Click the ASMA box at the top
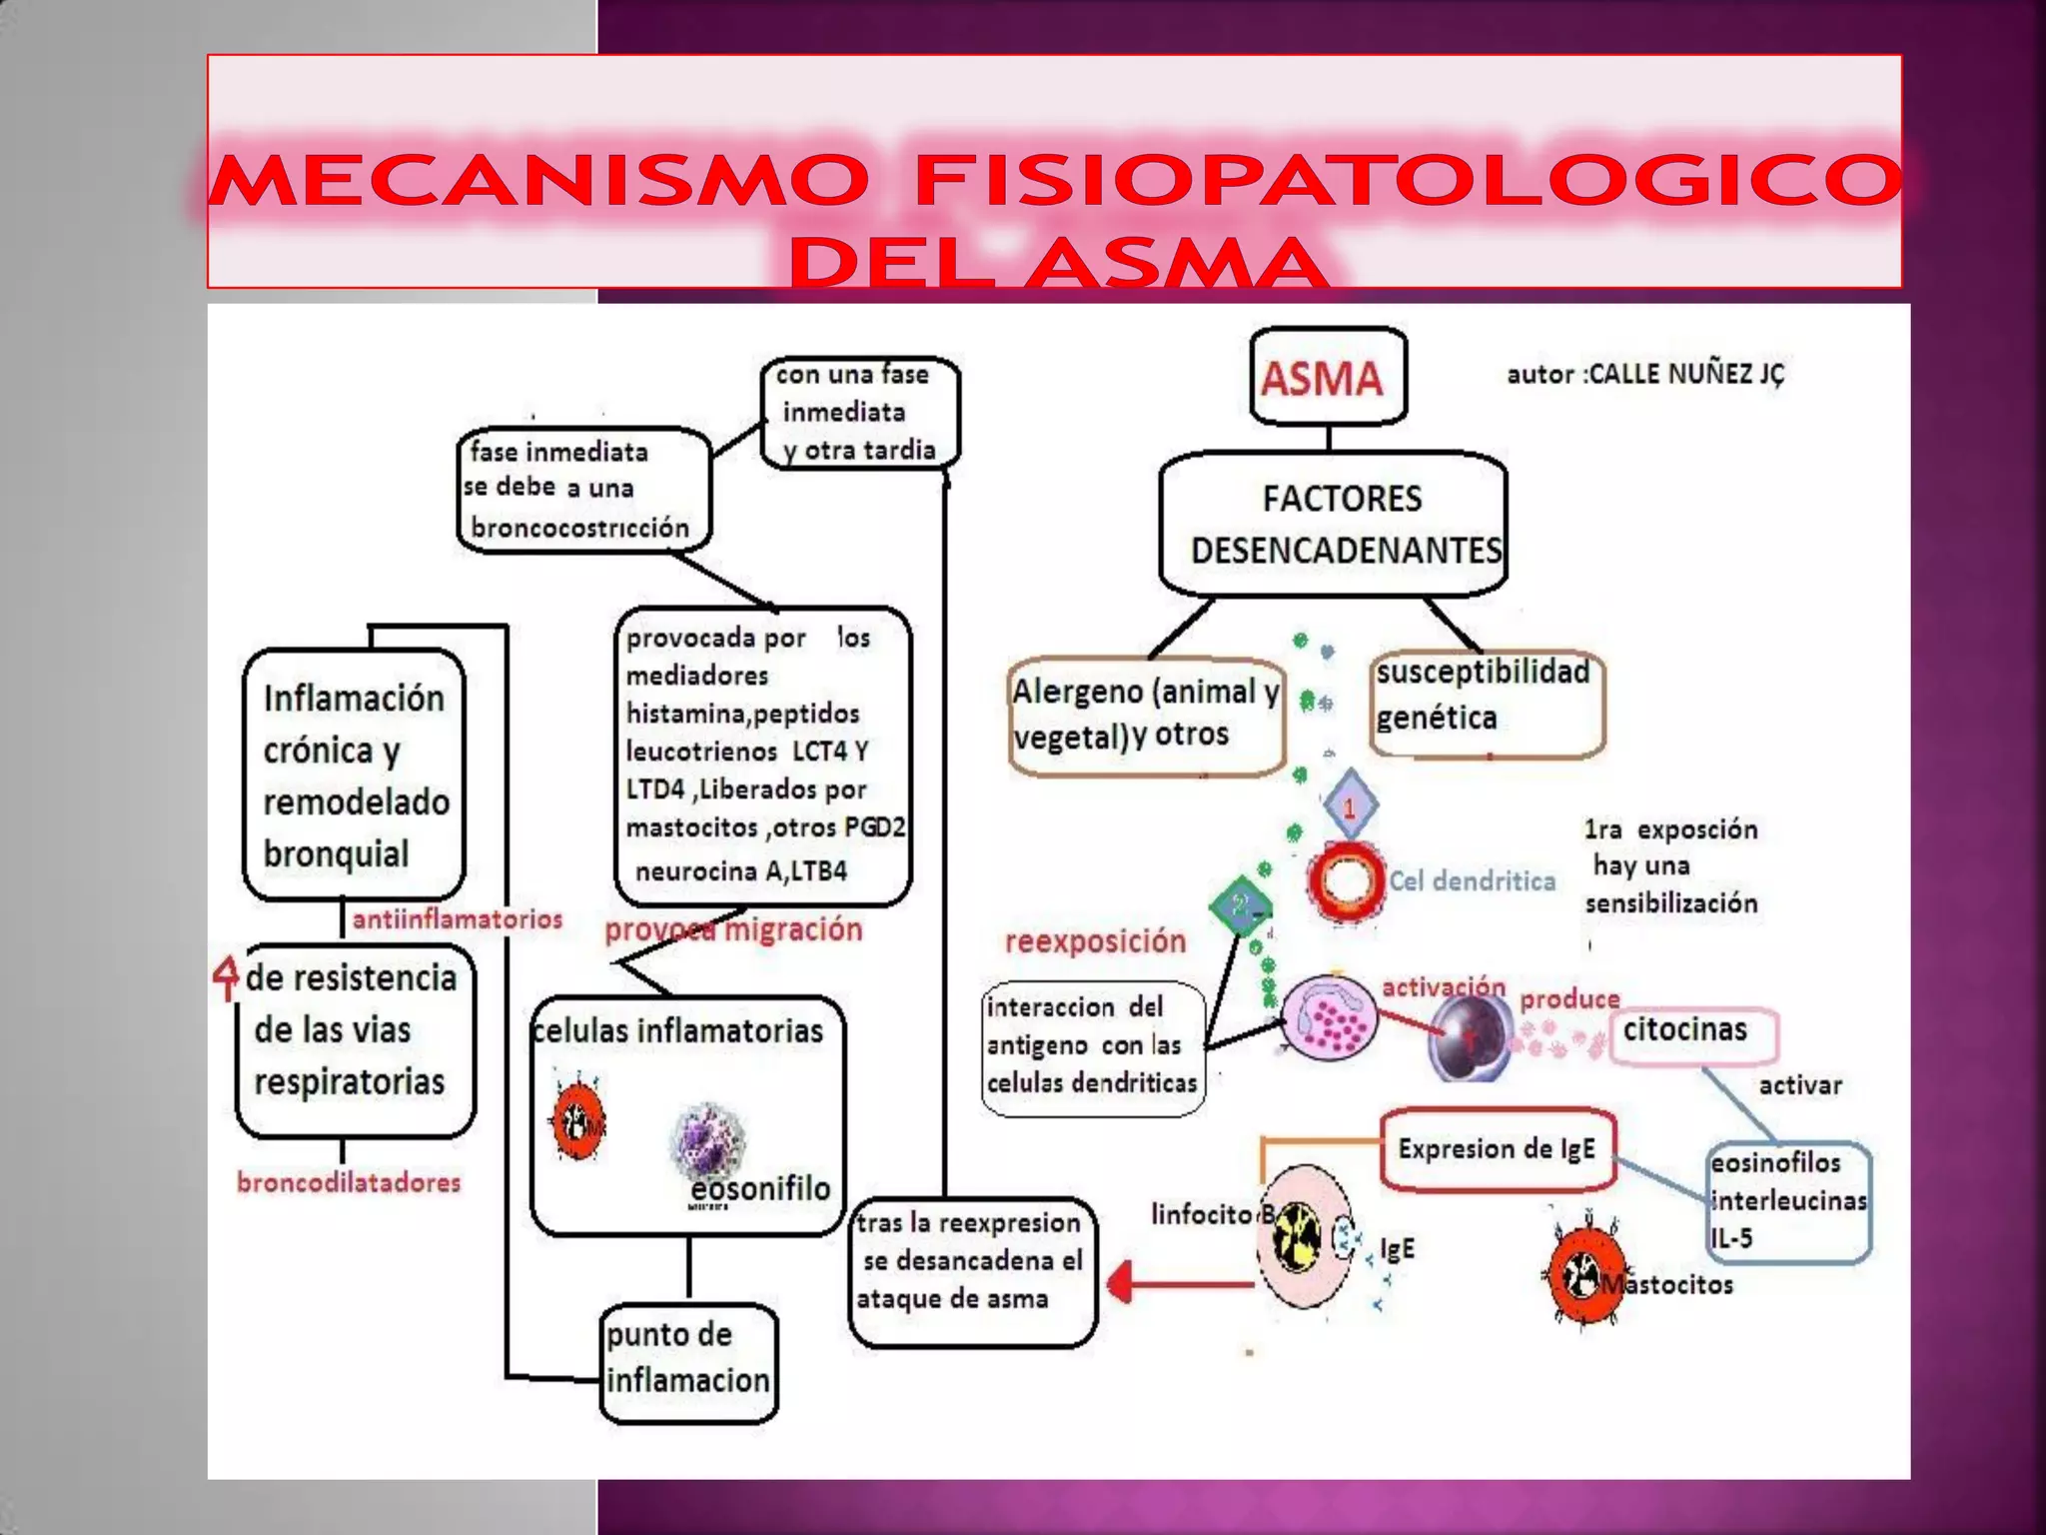pos(1328,378)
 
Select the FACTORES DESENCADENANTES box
pos(1334,525)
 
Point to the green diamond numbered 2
pos(1240,905)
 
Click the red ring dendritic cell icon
pos(1346,880)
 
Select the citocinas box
pos(1693,1034)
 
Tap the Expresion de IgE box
pos(1497,1149)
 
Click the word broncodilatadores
pos(349,1183)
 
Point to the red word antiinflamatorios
pos(457,919)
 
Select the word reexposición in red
pos(1095,941)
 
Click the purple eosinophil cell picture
pos(707,1140)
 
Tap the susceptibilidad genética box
pos(1486,704)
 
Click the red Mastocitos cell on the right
pos(1581,1275)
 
